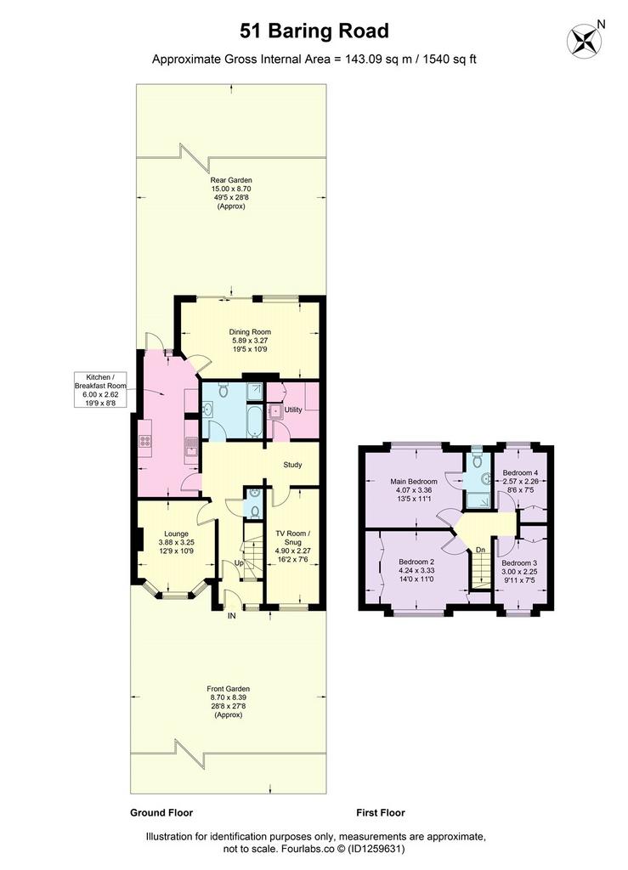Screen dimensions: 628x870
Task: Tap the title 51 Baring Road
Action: [314, 31]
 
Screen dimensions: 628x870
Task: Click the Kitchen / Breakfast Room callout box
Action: [101, 390]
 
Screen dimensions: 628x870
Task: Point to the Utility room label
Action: [293, 410]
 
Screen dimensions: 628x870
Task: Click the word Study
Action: [292, 465]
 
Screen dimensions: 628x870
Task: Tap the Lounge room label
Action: [176, 542]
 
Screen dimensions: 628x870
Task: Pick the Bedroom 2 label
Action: [416, 570]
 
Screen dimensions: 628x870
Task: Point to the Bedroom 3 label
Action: [519, 572]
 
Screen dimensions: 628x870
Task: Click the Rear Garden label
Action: [231, 193]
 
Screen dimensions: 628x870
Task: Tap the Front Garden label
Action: [228, 702]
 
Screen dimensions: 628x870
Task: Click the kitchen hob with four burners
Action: [145, 441]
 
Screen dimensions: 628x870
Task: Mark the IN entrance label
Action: [232, 615]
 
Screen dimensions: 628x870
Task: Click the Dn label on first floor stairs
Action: [480, 550]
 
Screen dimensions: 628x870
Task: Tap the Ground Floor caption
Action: [161, 813]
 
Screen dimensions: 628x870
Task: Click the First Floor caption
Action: [381, 813]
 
